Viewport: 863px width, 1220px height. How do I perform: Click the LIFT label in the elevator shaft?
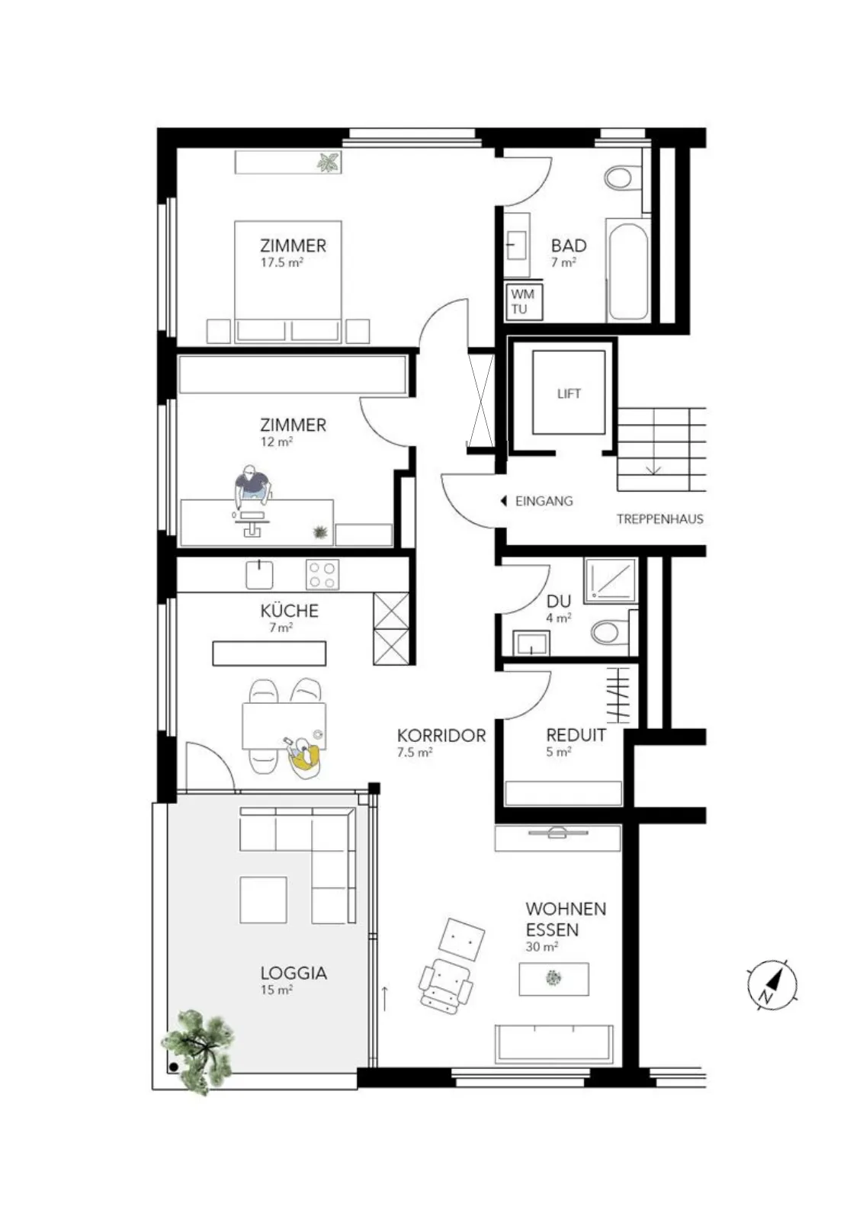[x=569, y=393]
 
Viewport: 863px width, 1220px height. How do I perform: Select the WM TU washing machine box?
[x=523, y=301]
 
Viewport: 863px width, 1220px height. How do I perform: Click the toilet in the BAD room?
[x=623, y=177]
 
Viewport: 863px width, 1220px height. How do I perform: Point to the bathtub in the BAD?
[x=627, y=271]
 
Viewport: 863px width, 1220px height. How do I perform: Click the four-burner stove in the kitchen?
[x=322, y=575]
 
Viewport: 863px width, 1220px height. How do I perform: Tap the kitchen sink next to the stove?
[x=259, y=575]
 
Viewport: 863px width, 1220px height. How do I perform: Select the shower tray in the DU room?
[x=611, y=580]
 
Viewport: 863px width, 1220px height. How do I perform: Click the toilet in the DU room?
[x=611, y=632]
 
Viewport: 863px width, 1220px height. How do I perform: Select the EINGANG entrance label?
[x=544, y=501]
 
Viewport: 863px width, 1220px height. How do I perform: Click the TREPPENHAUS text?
[x=660, y=519]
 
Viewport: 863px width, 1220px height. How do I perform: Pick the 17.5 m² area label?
[x=281, y=262]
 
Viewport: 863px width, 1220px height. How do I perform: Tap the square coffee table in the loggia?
[x=263, y=900]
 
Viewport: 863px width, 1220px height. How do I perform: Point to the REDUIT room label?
[x=576, y=735]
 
